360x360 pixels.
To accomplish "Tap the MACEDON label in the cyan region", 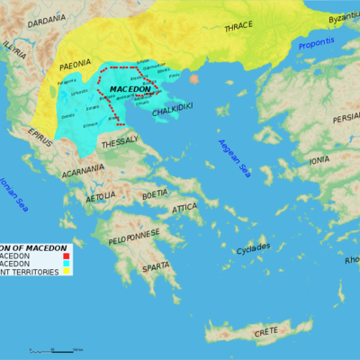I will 130,89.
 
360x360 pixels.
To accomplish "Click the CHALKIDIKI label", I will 171,112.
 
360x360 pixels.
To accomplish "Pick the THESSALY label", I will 119,143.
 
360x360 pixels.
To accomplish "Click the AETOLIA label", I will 100,194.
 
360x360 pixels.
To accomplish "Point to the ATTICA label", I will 184,208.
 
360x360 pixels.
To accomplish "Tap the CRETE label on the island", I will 265,332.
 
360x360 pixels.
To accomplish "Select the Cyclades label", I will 253,248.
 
